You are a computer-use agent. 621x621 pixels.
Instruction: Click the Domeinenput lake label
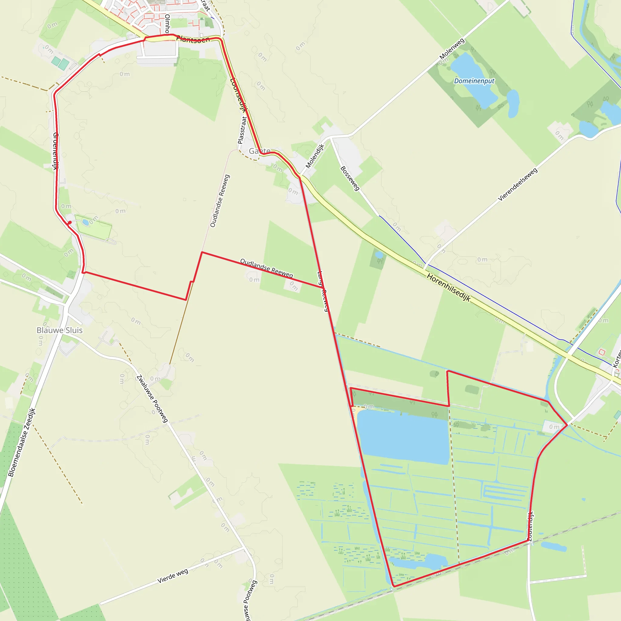coord(474,81)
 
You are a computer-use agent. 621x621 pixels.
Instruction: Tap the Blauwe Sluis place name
coord(59,330)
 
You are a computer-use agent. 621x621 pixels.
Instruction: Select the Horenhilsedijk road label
coord(448,287)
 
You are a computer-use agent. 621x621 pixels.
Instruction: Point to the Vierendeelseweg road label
coord(518,184)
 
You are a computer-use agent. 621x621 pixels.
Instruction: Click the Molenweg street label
coord(452,49)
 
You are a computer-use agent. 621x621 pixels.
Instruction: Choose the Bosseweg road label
coord(350,178)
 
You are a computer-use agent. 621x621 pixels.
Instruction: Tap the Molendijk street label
coord(315,156)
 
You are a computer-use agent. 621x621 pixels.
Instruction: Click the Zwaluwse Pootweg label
coord(152,398)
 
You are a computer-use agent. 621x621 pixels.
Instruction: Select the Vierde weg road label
coord(173,576)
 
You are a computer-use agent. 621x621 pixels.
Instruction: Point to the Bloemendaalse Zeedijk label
coord(22,443)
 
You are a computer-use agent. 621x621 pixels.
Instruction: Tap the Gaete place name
coord(259,151)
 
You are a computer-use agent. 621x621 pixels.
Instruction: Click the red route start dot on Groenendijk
coord(69,223)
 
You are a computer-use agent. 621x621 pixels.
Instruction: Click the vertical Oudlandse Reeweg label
coord(220,201)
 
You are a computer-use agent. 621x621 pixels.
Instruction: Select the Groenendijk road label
coord(55,151)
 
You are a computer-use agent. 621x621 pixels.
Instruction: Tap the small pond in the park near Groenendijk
coord(86,222)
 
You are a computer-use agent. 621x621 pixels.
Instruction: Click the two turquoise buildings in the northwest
coord(60,63)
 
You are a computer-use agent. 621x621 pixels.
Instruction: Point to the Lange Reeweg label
coord(323,291)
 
